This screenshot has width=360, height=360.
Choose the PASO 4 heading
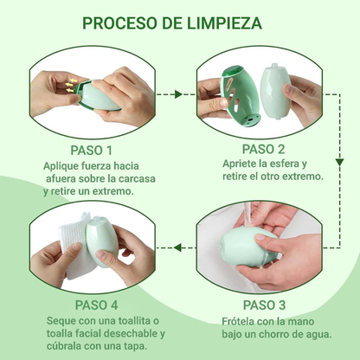[91, 305]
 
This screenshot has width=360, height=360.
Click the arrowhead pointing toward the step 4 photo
[176, 247]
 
